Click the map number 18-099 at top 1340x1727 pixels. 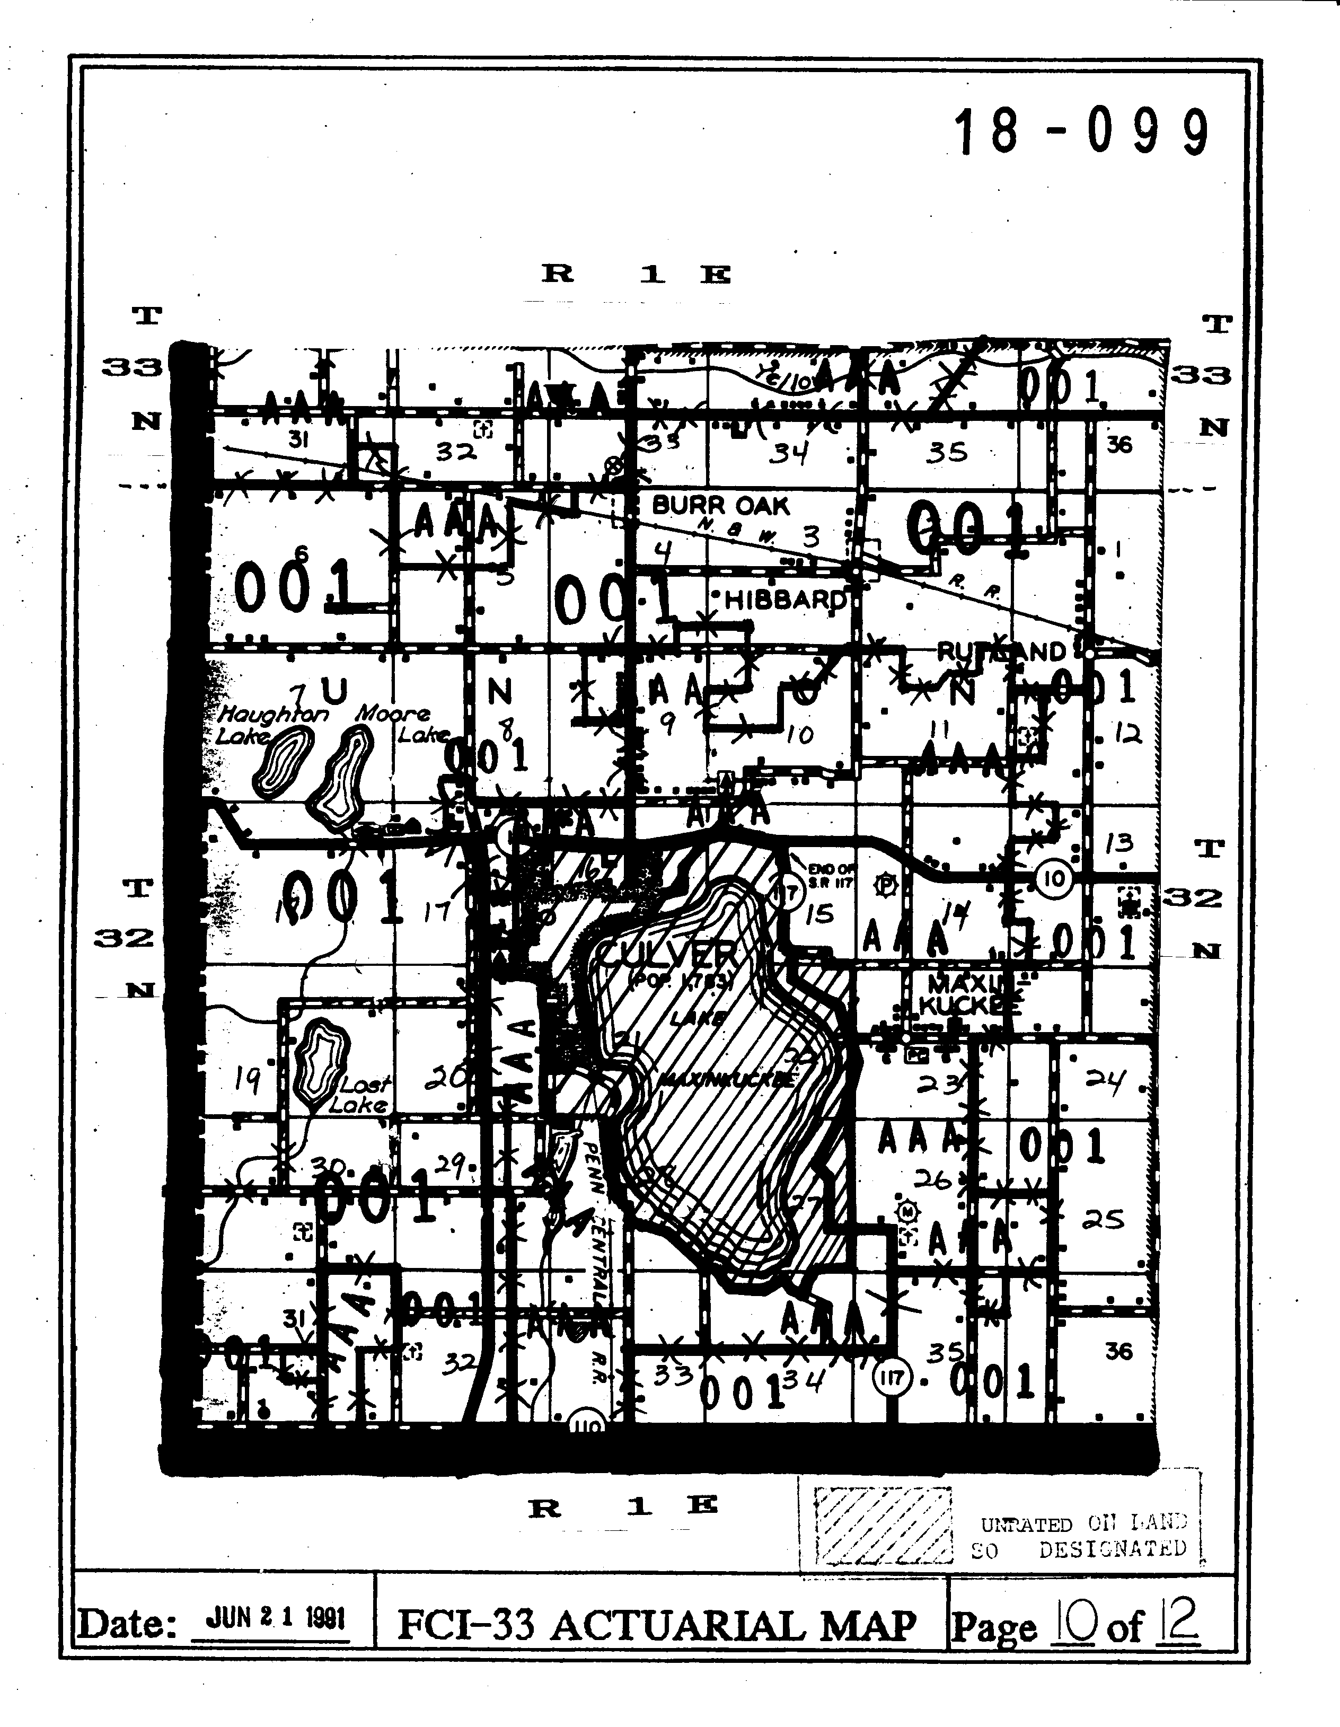click(x=1081, y=132)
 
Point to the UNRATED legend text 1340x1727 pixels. click(x=1025, y=1525)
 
